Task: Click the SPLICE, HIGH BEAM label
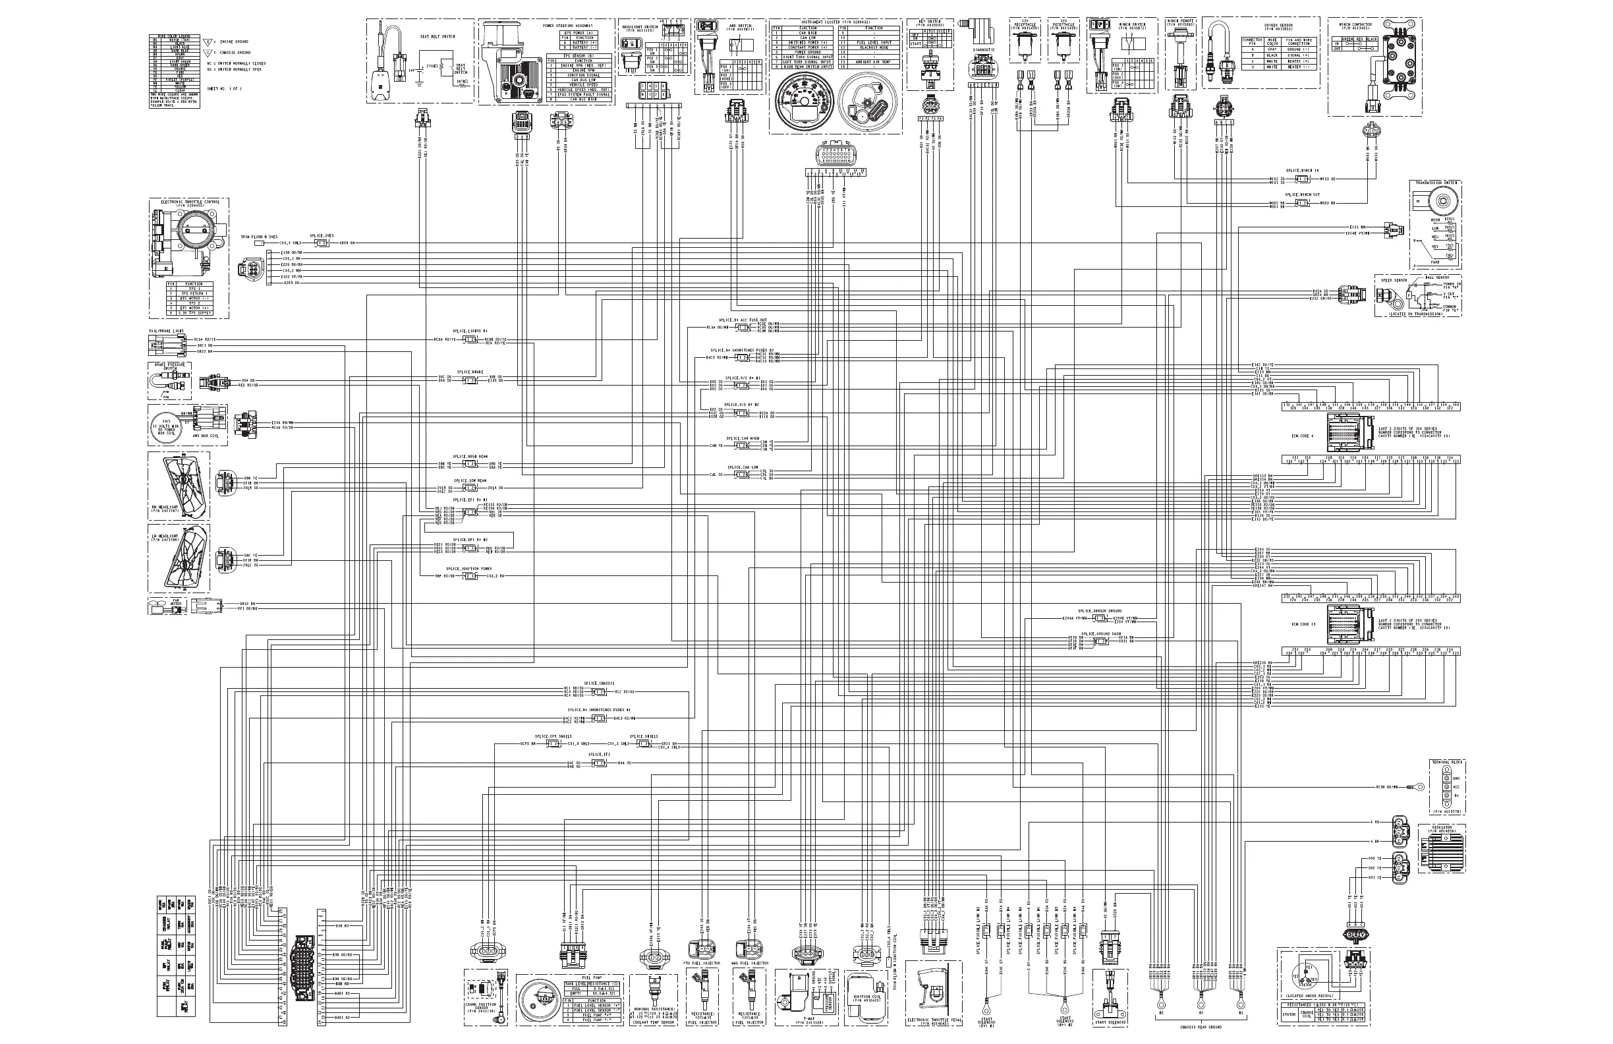pyautogui.click(x=470, y=457)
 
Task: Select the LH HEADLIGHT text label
pyautogui.click(x=164, y=537)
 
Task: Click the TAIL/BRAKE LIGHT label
pyautogui.click(x=166, y=332)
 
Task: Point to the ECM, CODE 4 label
pyautogui.click(x=1303, y=436)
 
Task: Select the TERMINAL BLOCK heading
pyautogui.click(x=1447, y=763)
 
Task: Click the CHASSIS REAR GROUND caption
pyautogui.click(x=1201, y=1028)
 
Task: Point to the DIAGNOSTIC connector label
pyautogui.click(x=983, y=49)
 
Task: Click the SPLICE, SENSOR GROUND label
pyautogui.click(x=1099, y=611)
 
